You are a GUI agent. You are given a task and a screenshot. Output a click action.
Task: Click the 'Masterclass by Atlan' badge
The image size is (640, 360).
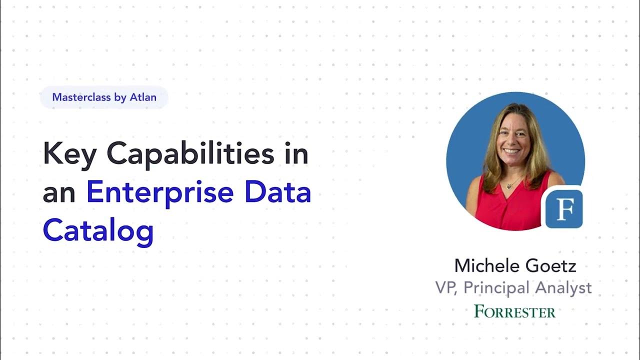(104, 97)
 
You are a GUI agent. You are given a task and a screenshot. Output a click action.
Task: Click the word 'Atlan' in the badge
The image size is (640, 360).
(143, 97)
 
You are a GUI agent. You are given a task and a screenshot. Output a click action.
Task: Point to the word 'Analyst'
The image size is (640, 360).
(563, 287)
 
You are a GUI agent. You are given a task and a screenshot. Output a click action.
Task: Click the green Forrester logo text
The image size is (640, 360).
(515, 311)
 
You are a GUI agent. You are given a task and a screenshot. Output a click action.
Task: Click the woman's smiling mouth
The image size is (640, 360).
(512, 150)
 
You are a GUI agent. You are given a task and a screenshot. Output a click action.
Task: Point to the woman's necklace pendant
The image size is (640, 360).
(510, 186)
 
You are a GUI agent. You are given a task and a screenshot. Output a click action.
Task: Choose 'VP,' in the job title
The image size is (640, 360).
(446, 287)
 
